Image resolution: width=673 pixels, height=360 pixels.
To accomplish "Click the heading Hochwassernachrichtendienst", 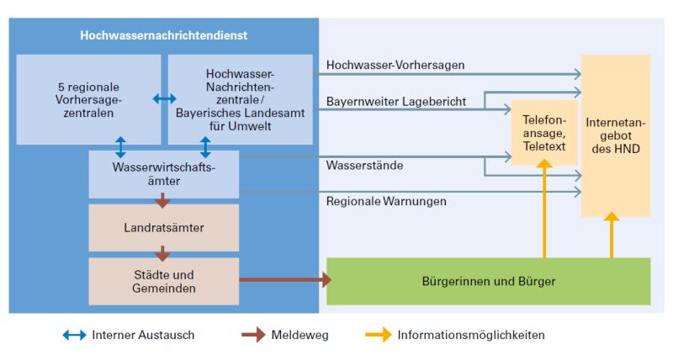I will [x=164, y=35].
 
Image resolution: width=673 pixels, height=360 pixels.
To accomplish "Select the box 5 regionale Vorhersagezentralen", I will [x=88, y=99].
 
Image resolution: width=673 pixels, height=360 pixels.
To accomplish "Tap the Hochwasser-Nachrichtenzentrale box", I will [x=240, y=99].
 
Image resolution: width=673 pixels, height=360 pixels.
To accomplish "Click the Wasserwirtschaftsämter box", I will [x=164, y=174].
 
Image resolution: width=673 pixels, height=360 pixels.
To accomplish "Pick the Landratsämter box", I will [x=164, y=227].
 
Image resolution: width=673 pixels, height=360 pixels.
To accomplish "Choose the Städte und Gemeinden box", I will [x=164, y=281].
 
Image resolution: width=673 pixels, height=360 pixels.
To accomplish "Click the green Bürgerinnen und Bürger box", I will [x=488, y=281].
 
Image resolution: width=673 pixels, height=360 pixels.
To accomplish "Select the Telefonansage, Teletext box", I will [x=543, y=132].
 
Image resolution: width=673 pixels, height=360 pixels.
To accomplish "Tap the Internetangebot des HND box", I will [x=615, y=135].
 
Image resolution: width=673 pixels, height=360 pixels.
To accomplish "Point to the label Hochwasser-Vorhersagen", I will [x=395, y=65].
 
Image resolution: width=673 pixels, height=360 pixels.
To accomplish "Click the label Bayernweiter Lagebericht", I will [x=395, y=102].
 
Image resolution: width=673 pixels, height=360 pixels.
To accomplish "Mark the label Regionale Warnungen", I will [x=386, y=202].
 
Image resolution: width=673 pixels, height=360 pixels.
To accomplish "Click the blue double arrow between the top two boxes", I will [x=164, y=99].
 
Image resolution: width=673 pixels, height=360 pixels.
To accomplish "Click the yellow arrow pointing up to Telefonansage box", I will [x=543, y=210].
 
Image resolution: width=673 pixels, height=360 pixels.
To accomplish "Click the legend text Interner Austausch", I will [x=144, y=335].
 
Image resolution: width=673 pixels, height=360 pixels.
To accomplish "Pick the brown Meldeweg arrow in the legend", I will [x=253, y=335].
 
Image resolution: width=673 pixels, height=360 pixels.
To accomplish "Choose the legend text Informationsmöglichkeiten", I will [x=471, y=335].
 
